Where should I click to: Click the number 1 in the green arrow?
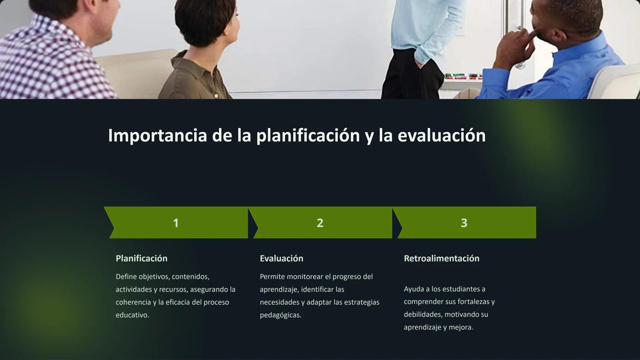pyautogui.click(x=176, y=223)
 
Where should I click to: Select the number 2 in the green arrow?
pyautogui.click(x=320, y=223)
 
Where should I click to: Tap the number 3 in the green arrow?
pyautogui.click(x=464, y=223)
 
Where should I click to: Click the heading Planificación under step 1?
pyautogui.click(x=141, y=258)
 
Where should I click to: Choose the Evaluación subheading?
pyautogui.click(x=281, y=258)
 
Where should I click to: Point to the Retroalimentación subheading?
pyautogui.click(x=441, y=258)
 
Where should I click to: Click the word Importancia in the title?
pyautogui.click(x=157, y=135)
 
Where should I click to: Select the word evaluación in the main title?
pyautogui.click(x=441, y=135)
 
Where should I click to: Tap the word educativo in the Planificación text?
pyautogui.click(x=132, y=315)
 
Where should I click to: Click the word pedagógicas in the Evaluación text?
pyautogui.click(x=280, y=315)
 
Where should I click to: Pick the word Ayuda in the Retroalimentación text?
pyautogui.click(x=414, y=289)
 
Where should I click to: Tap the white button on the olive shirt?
pyautogui.click(x=216, y=96)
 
